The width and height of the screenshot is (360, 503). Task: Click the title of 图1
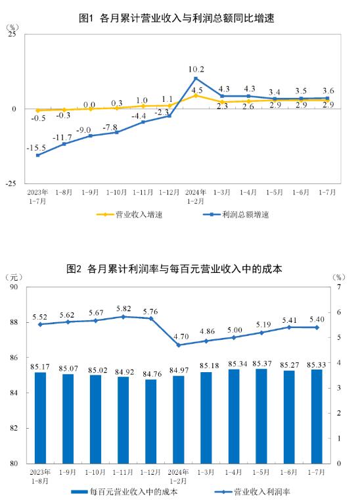(176, 18)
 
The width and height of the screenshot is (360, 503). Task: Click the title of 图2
(174, 268)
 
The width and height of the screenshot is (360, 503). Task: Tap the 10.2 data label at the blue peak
(196, 69)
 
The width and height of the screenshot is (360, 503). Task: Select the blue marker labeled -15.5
(38, 155)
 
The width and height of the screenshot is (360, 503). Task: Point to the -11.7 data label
(62, 137)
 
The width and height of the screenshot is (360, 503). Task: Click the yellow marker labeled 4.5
(196, 95)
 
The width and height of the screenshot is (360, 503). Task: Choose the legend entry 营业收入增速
(129, 214)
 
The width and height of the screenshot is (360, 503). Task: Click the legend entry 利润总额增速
(236, 214)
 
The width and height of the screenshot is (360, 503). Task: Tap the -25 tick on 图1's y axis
(11, 183)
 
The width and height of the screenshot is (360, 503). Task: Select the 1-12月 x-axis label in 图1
(169, 192)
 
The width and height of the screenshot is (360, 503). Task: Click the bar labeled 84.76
(150, 421)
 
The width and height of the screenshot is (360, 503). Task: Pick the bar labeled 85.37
(261, 416)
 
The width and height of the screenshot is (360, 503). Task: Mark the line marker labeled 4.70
(179, 345)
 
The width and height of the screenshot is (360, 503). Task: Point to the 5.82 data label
(124, 308)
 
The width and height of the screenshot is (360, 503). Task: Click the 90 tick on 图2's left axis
(14, 287)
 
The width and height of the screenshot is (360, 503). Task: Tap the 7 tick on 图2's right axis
(339, 287)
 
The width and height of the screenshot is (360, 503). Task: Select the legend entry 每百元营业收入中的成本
(124, 492)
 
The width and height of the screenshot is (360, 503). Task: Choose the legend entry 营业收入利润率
(252, 492)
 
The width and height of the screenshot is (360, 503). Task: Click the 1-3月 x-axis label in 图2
(206, 472)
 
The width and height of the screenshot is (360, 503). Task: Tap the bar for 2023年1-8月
(40, 418)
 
